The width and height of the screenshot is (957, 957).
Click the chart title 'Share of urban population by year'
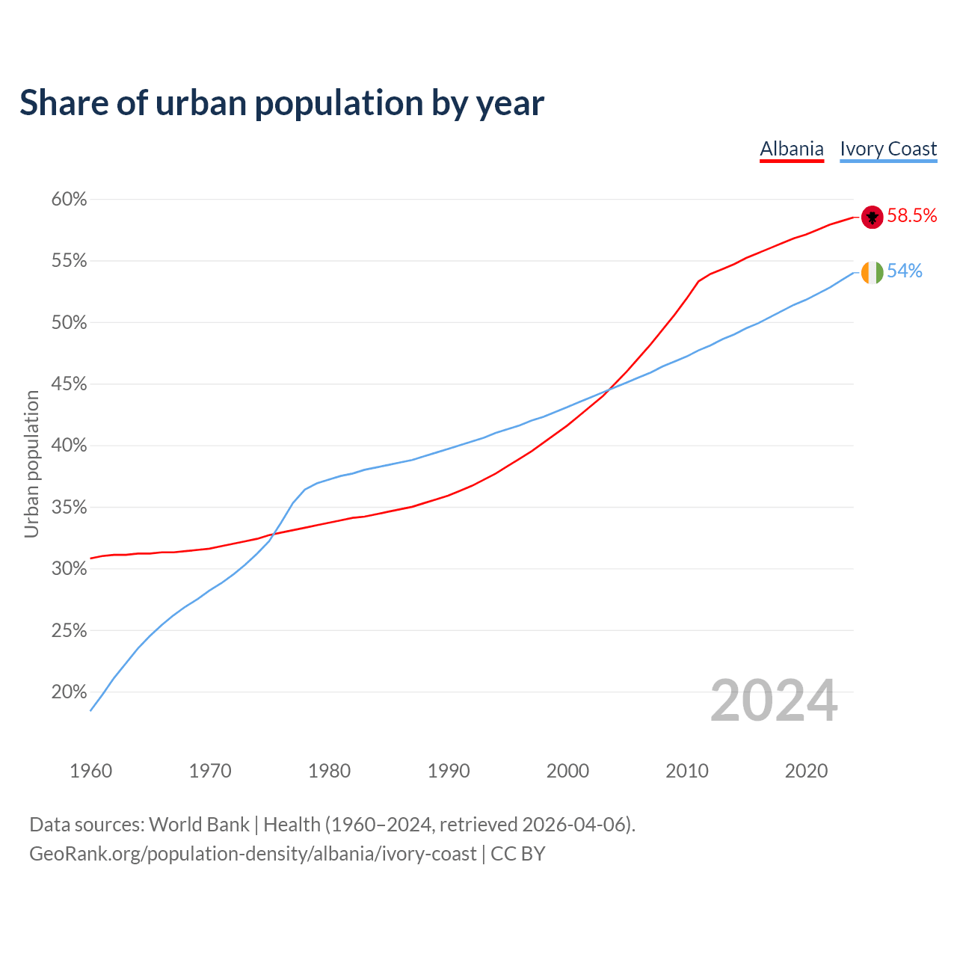(x=282, y=103)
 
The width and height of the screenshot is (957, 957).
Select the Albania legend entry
(x=792, y=149)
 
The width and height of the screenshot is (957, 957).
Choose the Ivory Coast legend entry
(x=888, y=149)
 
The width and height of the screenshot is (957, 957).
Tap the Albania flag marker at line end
(x=873, y=217)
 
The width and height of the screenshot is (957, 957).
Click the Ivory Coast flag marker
(x=873, y=273)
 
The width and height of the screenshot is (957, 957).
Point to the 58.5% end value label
(x=912, y=216)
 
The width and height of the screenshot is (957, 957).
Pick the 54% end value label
(x=905, y=271)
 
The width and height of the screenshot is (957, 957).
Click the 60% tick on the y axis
(x=69, y=200)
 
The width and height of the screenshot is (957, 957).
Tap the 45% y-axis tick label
(x=69, y=384)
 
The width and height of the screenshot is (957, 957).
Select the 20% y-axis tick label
(x=69, y=692)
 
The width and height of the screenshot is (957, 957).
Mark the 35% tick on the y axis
(x=69, y=508)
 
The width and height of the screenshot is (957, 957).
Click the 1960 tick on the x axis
(x=90, y=771)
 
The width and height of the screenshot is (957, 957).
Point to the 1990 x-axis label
(x=449, y=771)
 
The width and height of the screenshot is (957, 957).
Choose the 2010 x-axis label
(x=687, y=771)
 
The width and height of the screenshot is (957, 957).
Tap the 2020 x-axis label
(x=806, y=771)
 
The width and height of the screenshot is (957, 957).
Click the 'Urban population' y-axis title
(x=31, y=464)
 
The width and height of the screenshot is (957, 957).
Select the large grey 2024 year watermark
(x=774, y=701)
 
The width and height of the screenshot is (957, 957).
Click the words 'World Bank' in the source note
(x=199, y=825)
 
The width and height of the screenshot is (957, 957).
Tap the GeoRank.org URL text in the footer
(x=253, y=854)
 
